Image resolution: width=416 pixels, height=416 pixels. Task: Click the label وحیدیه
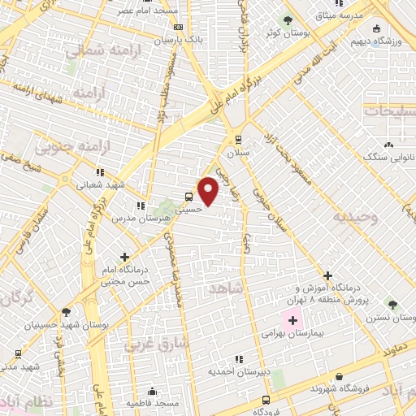tap(354, 218)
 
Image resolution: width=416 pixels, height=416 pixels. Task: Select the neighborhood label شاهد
tap(225, 289)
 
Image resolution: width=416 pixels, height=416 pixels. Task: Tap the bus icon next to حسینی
tap(188, 196)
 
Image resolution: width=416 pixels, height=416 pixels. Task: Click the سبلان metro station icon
tap(237, 139)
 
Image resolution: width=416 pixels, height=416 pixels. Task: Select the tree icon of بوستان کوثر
tap(286, 19)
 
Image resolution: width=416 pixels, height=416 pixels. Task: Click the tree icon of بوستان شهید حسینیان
tap(65, 311)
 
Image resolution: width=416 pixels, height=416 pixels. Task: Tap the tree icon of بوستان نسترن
tap(393, 305)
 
